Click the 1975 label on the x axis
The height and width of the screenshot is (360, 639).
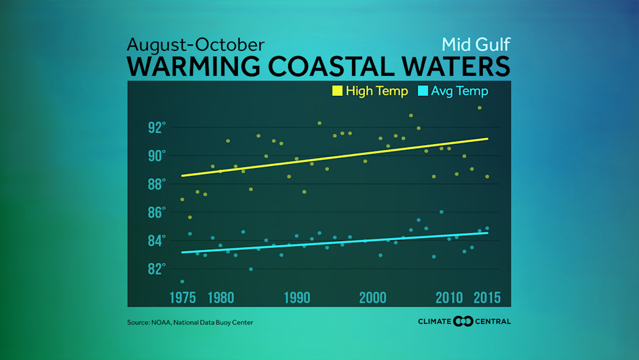[x=183, y=298]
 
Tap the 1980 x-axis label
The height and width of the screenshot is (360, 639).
[x=221, y=298]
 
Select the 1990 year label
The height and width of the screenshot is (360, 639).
[x=297, y=298]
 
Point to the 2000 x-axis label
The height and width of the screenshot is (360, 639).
[x=373, y=298]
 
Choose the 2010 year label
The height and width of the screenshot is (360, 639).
[x=450, y=298]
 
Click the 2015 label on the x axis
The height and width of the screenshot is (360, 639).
[x=487, y=298]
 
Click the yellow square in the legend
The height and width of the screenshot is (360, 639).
[x=337, y=91]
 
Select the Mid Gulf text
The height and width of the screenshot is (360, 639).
[x=476, y=44]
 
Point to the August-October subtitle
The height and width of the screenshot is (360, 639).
[x=196, y=45]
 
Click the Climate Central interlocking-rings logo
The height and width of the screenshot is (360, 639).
[x=463, y=322]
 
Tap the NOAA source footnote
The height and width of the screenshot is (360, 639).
[x=193, y=322]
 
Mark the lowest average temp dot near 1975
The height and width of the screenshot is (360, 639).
[x=182, y=281]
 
